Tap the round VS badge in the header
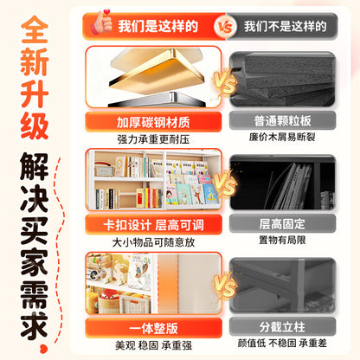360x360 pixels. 225,27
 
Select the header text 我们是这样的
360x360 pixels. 157,27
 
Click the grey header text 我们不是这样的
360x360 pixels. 286,27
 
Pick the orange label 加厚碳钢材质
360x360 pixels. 153,122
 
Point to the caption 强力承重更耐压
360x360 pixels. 153,139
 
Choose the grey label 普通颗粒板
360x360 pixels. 283,120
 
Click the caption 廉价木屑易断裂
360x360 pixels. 282,137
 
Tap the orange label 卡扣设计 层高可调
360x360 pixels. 153,225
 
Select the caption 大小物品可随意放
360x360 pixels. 153,242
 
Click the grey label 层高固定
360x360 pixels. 282,223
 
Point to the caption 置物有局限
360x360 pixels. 282,240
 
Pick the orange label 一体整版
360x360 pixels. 153,328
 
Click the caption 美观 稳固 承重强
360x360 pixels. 153,345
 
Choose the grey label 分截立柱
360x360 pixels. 282,327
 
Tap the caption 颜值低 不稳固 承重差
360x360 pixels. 282,343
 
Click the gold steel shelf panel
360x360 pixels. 157,74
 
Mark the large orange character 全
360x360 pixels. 35,29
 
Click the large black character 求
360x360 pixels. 34,325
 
